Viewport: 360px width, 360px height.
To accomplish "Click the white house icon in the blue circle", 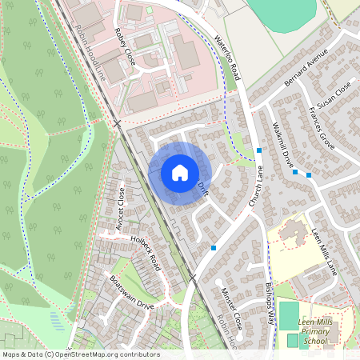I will [180, 172].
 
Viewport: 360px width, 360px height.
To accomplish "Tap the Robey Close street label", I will [126, 48].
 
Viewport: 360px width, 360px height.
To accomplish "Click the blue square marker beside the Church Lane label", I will [259, 150].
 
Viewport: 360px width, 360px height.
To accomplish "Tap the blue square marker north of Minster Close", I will [214, 248].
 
